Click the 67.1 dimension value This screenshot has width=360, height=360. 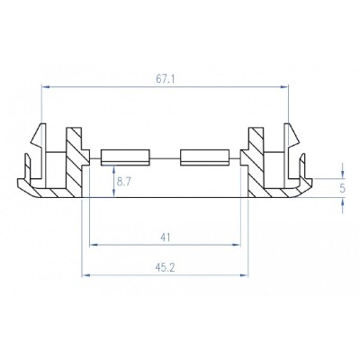pyautogui.click(x=166, y=79)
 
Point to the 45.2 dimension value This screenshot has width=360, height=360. pyautogui.click(x=165, y=266)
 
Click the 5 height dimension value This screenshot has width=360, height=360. pyautogui.click(x=343, y=189)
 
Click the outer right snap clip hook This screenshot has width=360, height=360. pyautogui.click(x=293, y=139)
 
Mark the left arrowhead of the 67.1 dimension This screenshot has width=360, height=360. pyautogui.click(x=46, y=86)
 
